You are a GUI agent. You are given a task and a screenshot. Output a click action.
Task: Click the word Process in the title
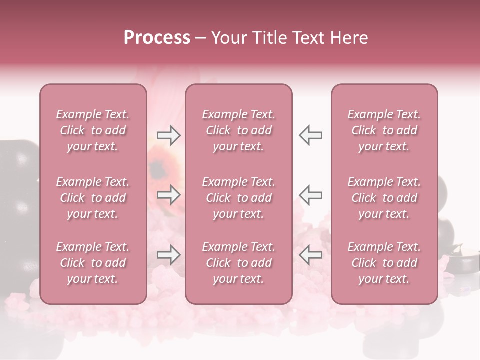(x=157, y=38)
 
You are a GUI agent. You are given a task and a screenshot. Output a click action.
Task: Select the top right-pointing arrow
(x=168, y=135)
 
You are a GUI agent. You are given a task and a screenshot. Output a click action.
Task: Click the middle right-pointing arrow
(x=168, y=195)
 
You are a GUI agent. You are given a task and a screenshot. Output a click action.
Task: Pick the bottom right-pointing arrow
(x=168, y=255)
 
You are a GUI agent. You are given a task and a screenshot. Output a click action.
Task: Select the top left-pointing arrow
(x=310, y=135)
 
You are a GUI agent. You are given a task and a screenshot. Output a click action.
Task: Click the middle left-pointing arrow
(x=310, y=195)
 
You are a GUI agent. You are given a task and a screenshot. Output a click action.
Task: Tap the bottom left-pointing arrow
(x=310, y=255)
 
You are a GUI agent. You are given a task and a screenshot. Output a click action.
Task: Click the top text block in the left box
(x=93, y=130)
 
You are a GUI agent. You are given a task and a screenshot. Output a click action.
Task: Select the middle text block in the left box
(x=93, y=198)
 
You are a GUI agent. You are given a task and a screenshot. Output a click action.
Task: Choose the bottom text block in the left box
(x=93, y=263)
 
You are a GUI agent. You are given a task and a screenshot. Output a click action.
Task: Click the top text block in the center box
(x=238, y=130)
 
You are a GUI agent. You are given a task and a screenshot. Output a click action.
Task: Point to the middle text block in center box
(x=238, y=198)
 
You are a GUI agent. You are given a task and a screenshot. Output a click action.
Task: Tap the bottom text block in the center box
(x=238, y=263)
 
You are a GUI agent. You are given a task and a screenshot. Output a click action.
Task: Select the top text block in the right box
(x=384, y=130)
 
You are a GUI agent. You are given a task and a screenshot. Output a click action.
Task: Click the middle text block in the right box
(x=384, y=198)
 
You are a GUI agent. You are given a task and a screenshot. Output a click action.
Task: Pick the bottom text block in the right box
(x=384, y=263)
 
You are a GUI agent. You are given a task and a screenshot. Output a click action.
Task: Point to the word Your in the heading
(x=229, y=38)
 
